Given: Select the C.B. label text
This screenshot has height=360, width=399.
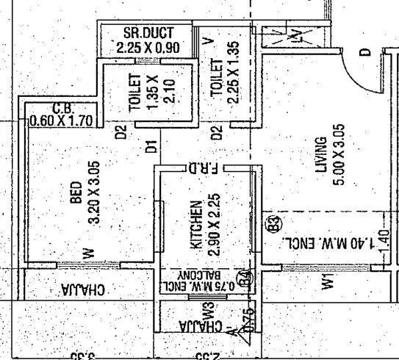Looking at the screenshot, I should (63, 107).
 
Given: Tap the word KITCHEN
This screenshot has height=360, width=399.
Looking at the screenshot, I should (195, 224).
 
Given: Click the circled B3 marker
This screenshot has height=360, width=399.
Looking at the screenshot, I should (270, 223).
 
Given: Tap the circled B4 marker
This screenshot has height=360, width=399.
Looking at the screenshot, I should (246, 278).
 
